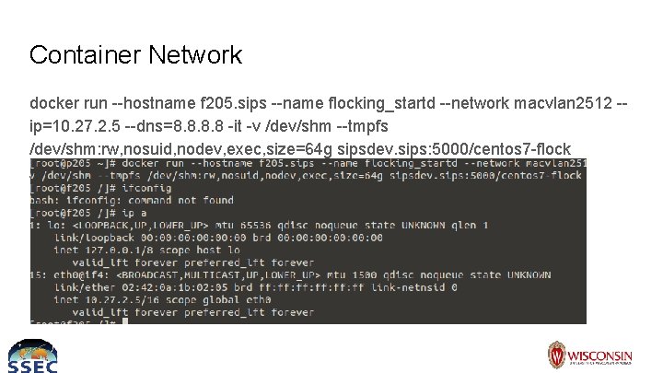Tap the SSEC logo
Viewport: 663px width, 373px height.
[32, 356]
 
